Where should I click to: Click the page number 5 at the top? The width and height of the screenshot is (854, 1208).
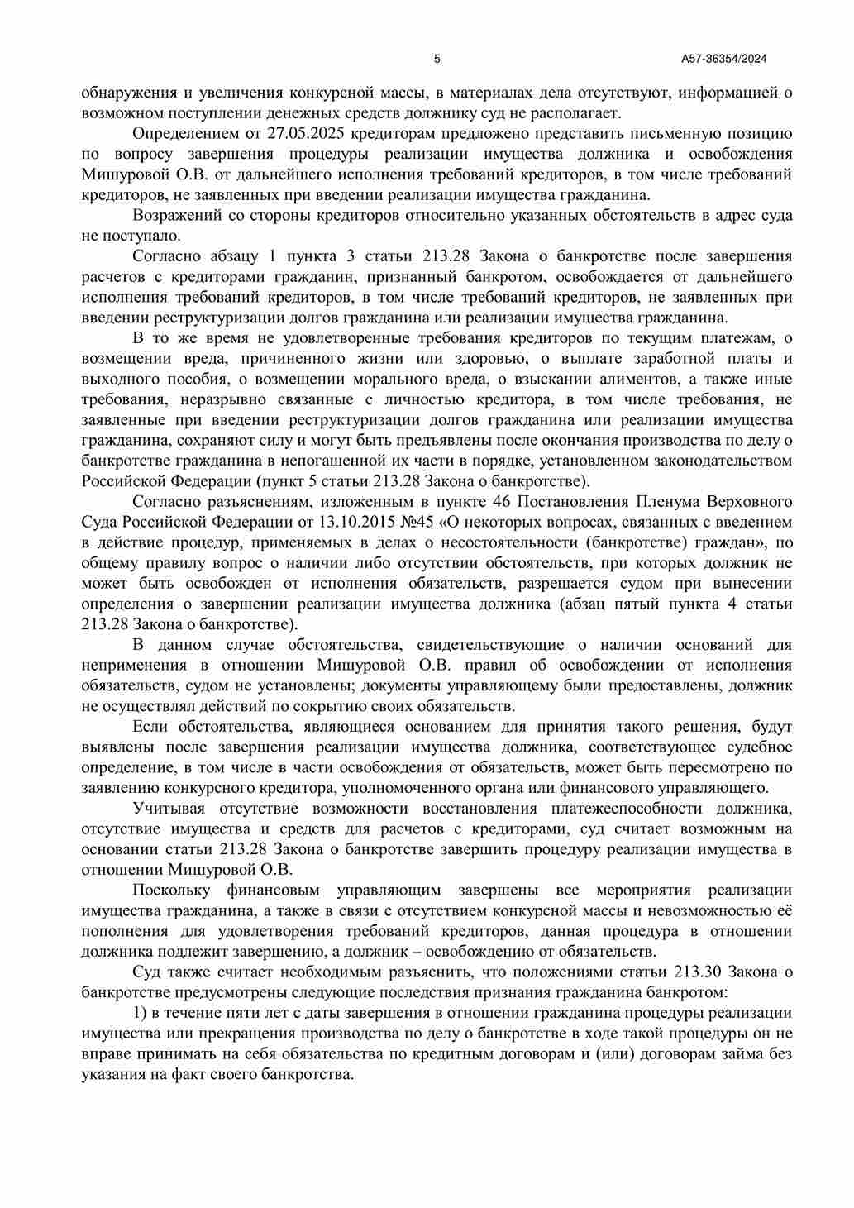click(437, 59)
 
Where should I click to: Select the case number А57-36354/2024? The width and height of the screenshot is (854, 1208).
click(724, 59)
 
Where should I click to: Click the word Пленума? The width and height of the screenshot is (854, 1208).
click(666, 502)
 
